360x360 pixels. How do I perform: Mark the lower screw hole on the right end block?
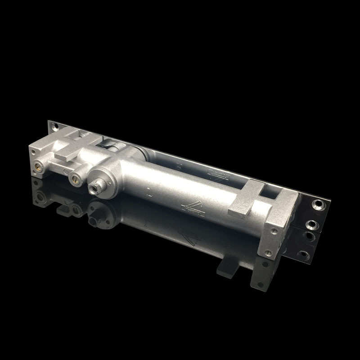pyautogui.click(x=269, y=253)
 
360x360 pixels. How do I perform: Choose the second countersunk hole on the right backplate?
pyautogui.click(x=310, y=224)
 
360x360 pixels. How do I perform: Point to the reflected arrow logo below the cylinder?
pyautogui.click(x=189, y=237)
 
